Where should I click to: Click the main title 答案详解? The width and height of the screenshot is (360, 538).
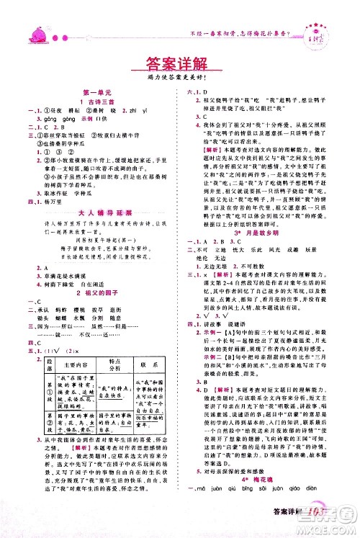point(179,59)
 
